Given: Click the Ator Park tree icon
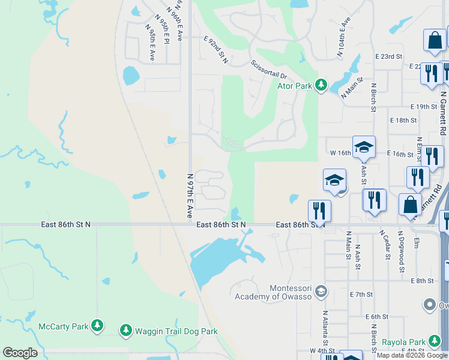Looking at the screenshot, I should tap(321, 86).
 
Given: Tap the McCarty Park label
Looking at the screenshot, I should tap(63, 326).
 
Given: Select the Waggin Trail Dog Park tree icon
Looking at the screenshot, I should tap(125, 330).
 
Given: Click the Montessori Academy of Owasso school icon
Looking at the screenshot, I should tap(321, 292).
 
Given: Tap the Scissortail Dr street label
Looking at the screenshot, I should tap(270, 71).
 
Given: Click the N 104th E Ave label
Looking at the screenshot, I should tap(343, 37).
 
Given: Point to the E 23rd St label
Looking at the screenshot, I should tap(388, 56).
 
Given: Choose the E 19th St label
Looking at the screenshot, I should tap(424, 106).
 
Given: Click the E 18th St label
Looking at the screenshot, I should tap(403, 120).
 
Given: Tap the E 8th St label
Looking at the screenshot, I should tap(422, 281).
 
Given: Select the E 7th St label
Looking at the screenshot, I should tap(361, 295).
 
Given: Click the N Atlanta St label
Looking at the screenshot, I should tap(324, 328).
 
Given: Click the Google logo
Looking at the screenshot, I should tap(20, 353).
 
